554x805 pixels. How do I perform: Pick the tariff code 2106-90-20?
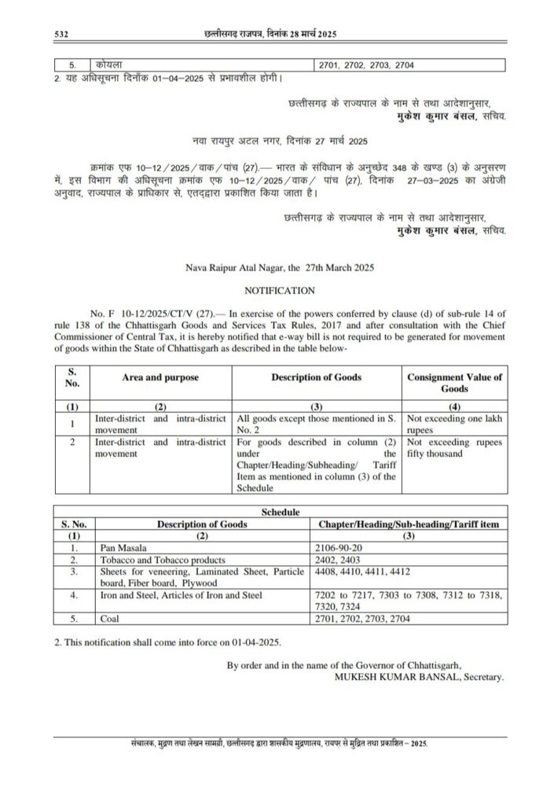(x=339, y=546)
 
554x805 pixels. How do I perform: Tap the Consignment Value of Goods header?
(x=454, y=383)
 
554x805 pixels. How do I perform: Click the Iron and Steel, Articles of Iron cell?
(x=178, y=595)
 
